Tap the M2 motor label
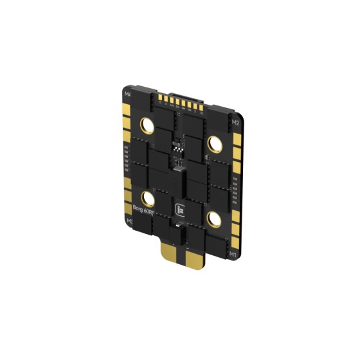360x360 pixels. point(235,122)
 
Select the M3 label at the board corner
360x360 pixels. point(129,222)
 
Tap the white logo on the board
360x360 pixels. point(181,209)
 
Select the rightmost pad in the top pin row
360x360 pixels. point(203,111)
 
